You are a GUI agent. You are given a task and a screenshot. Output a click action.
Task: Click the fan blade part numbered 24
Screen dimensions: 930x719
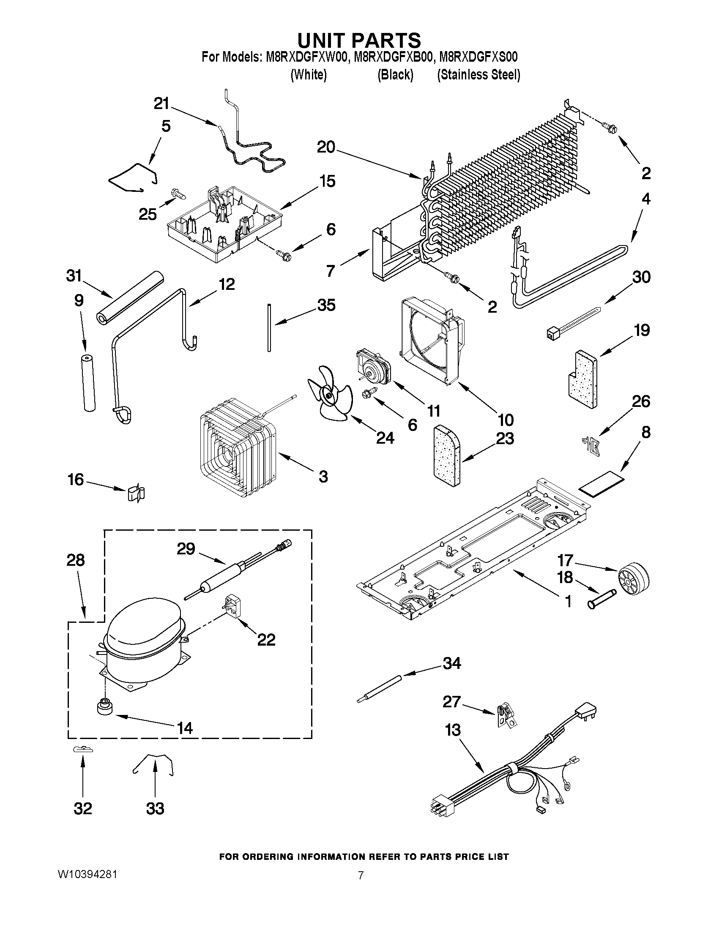pos(329,395)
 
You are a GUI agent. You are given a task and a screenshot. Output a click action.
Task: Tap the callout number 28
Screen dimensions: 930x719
pos(75,560)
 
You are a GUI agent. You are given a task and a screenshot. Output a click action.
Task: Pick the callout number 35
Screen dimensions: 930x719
pos(326,305)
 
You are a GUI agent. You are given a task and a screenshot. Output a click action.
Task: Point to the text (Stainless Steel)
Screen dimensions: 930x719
pos(478,75)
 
